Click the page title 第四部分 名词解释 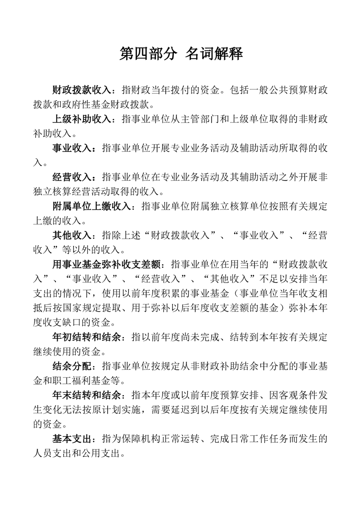tap(181, 54)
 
